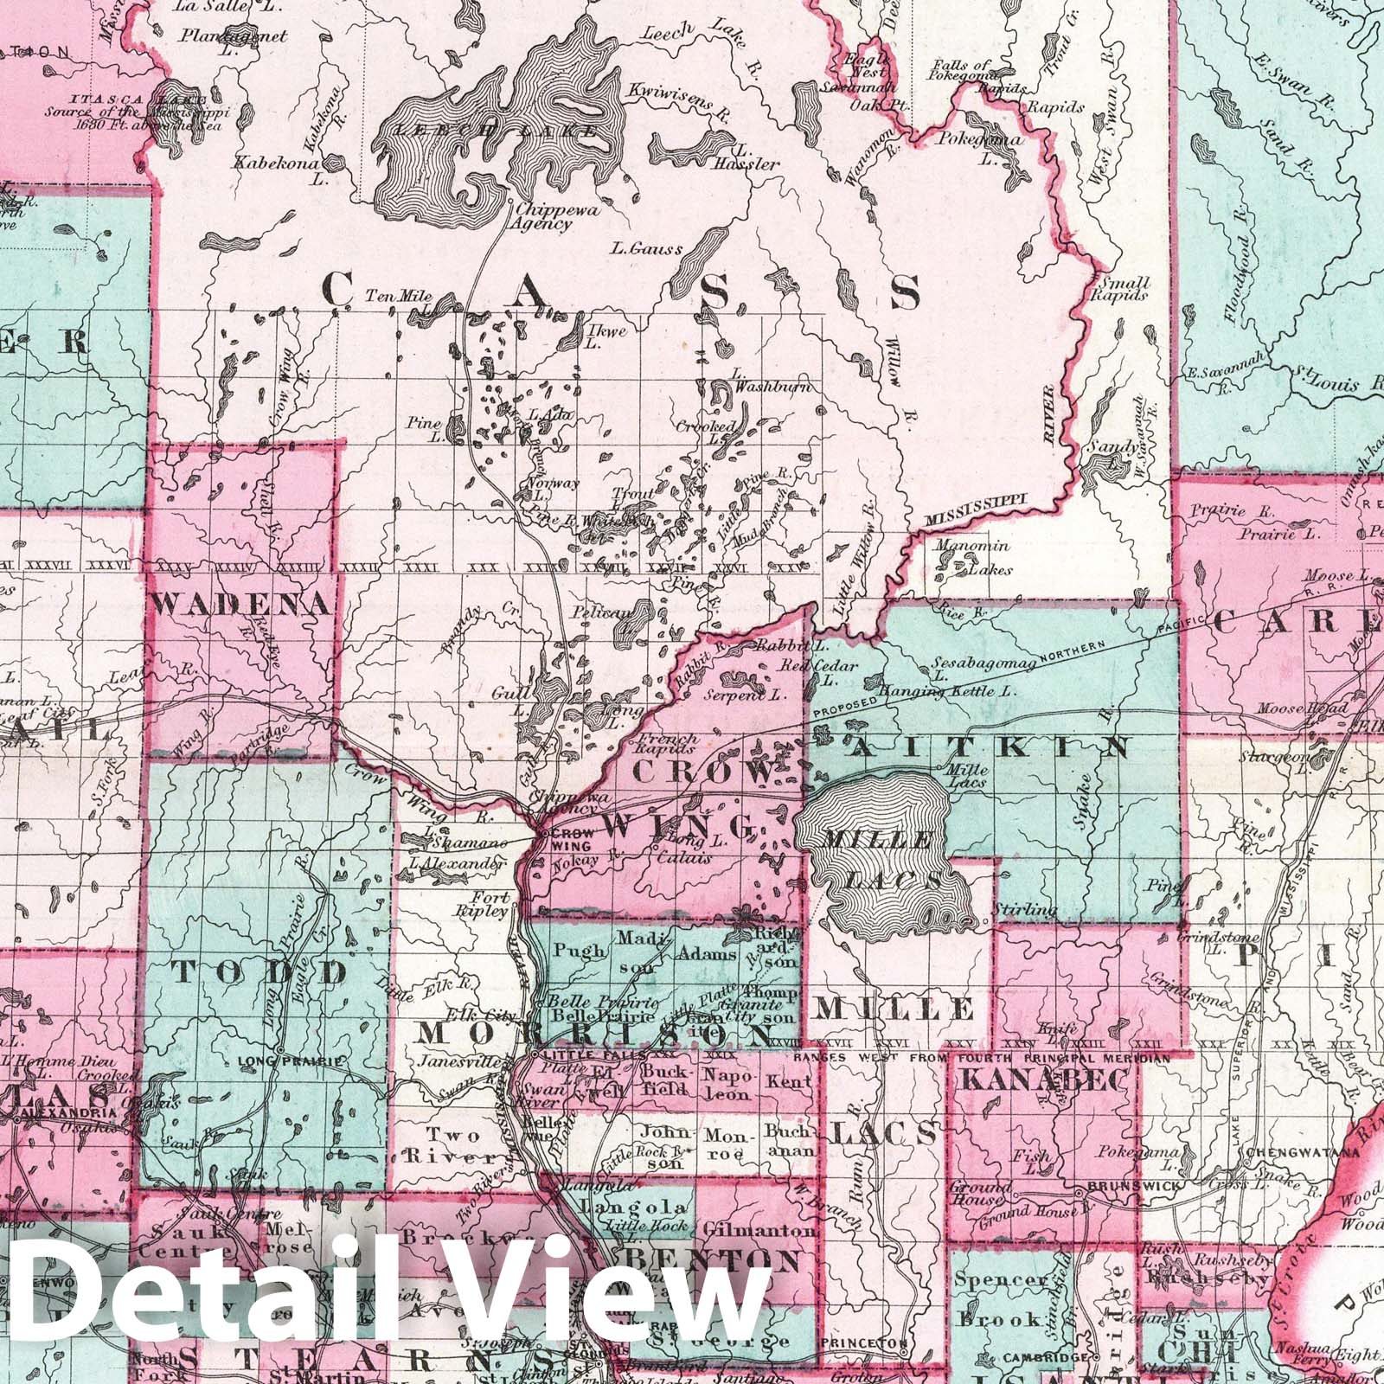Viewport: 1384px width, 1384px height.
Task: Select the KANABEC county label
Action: (1044, 1079)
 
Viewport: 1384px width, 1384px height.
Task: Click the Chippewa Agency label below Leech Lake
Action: (541, 216)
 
